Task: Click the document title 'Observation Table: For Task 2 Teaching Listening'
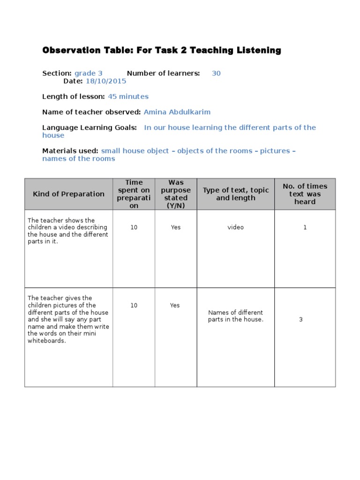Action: [162, 50]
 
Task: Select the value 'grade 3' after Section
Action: [88, 73]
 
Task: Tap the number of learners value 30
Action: [216, 73]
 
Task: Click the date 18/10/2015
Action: [106, 81]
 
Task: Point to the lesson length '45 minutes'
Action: [128, 97]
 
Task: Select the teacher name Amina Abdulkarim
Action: [177, 112]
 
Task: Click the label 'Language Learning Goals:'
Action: [90, 127]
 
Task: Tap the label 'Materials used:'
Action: [70, 151]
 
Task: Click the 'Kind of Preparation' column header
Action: [68, 194]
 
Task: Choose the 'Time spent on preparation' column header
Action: [134, 194]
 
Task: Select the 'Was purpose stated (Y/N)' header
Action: [176, 194]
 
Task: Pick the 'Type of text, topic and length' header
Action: [236, 194]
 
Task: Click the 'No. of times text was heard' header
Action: [305, 194]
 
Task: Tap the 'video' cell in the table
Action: [236, 227]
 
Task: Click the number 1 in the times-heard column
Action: [305, 227]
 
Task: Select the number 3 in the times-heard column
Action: [301, 320]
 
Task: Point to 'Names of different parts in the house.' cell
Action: [236, 316]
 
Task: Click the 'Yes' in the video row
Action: [176, 227]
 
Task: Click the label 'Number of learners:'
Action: [163, 73]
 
